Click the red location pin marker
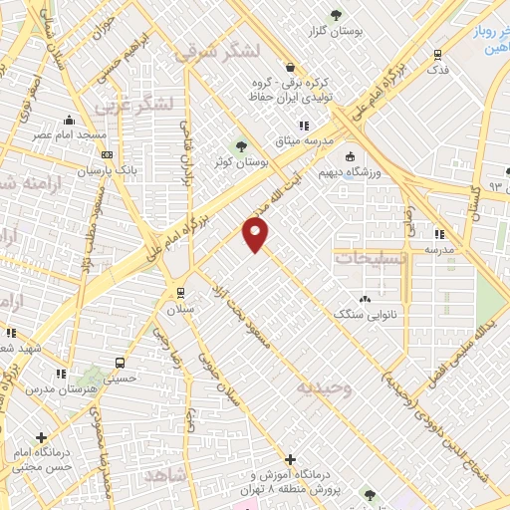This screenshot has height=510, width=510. (256, 235)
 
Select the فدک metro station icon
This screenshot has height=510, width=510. (438, 56)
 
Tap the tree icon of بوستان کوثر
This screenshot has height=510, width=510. (241, 147)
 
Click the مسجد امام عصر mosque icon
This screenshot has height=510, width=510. (69, 118)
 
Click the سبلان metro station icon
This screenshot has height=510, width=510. (180, 292)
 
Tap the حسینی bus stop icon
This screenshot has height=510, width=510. (120, 364)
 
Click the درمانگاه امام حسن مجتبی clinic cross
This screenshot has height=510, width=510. (41, 437)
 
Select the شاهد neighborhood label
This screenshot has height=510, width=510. (165, 476)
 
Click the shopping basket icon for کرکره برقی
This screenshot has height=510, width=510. (290, 69)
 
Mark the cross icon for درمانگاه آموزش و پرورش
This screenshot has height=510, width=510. (290, 460)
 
